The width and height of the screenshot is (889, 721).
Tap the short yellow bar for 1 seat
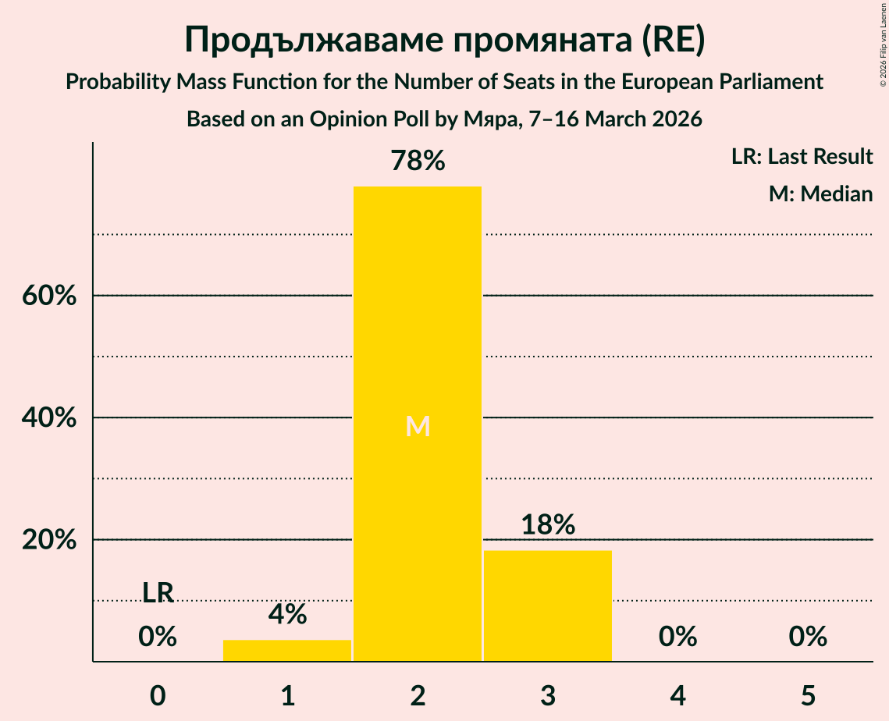(x=287, y=650)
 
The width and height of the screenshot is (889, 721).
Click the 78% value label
(x=418, y=162)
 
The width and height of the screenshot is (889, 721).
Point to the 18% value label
(x=548, y=525)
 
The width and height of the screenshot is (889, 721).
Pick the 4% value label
(x=287, y=615)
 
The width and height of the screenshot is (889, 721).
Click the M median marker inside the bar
(x=418, y=426)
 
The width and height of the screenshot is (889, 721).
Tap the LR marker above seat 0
(x=158, y=593)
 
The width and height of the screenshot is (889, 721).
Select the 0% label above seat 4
(x=677, y=637)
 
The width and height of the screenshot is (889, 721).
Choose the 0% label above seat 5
(x=807, y=637)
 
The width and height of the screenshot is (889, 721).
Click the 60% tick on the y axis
(x=48, y=297)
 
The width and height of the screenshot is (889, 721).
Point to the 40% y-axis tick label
(x=48, y=418)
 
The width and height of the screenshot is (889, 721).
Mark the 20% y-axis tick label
(x=48, y=540)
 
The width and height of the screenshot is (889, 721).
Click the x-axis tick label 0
(x=158, y=694)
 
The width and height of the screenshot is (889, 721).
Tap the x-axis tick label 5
(x=807, y=694)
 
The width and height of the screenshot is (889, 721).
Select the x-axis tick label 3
(x=548, y=694)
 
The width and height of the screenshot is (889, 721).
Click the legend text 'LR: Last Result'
(x=802, y=157)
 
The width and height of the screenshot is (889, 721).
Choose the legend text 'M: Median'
(x=820, y=194)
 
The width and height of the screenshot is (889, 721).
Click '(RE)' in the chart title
(x=674, y=41)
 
